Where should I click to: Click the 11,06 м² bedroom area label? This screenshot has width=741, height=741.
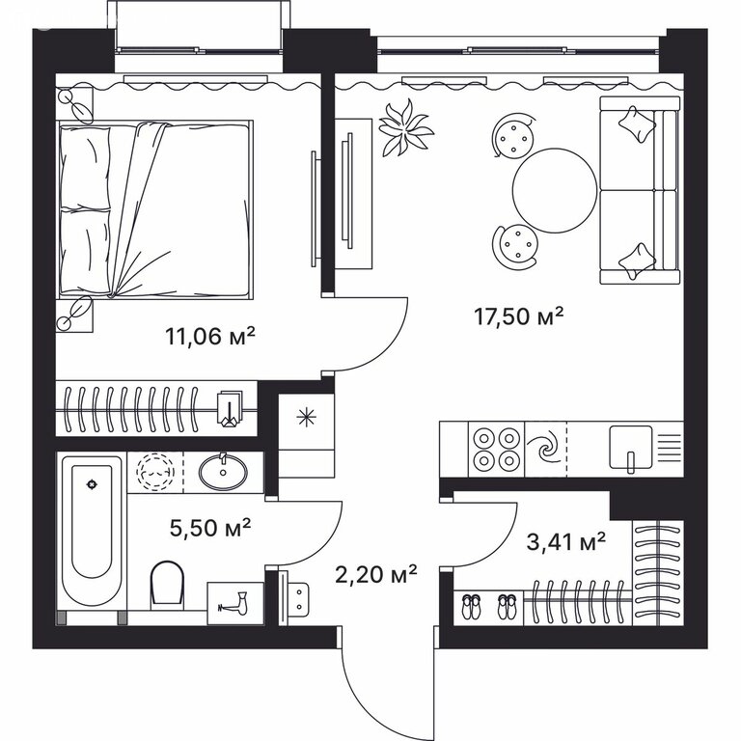pos(210,336)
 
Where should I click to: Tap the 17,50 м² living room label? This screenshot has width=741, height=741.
pos(518,316)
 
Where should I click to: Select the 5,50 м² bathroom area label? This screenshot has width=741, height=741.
pos(209,528)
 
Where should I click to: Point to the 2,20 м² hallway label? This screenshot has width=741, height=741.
pos(375,574)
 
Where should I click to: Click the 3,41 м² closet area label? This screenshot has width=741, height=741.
pos(565,541)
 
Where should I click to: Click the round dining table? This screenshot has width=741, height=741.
pos(555,190)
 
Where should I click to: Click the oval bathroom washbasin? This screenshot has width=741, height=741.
pos(223,471)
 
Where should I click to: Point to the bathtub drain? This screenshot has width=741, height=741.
pos(92,484)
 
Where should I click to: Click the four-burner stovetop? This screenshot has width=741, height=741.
pos(496,449)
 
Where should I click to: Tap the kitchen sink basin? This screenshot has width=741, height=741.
pos(630,447)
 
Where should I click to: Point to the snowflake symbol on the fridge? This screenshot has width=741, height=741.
pos(306,417)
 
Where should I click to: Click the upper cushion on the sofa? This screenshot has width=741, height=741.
pos(637,123)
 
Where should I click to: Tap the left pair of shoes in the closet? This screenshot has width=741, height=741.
pos(470,607)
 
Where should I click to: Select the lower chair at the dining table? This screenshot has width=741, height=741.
pos(516,246)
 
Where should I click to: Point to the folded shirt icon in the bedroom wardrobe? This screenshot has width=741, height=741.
pos(230,407)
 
